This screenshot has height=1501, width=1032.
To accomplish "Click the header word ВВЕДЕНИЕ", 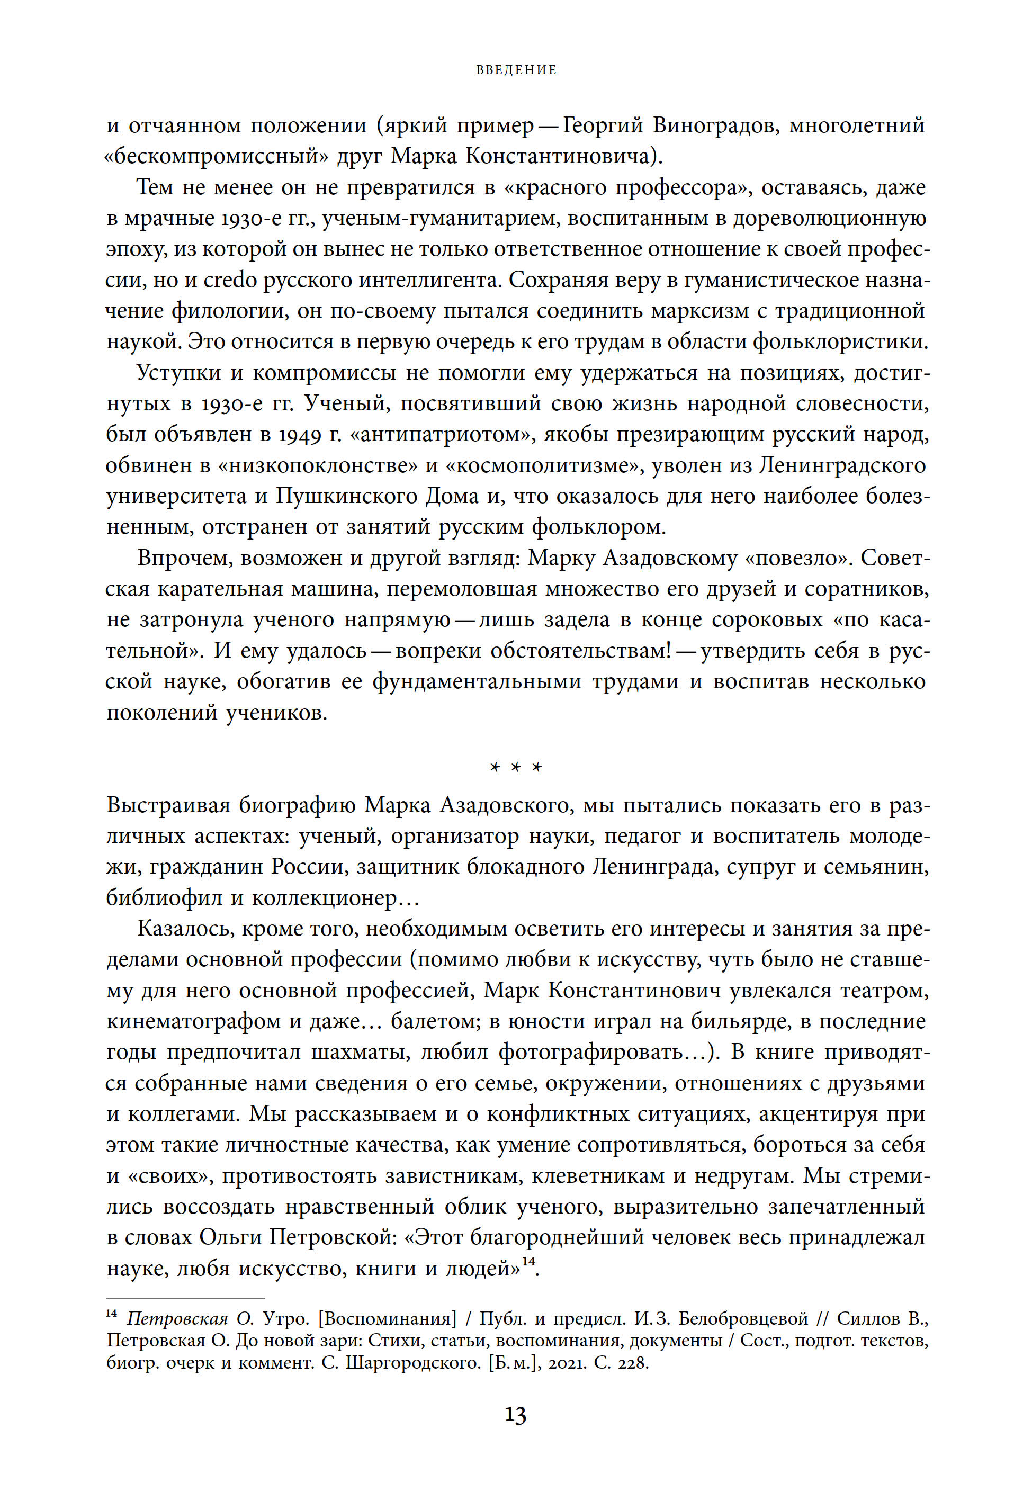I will [516, 70].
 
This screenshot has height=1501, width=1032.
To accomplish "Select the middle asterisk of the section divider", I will [516, 767].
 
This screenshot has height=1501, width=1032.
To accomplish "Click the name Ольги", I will [230, 1237].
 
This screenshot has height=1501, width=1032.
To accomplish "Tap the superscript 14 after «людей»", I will [528, 1261].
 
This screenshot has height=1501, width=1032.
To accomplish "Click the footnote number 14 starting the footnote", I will [111, 1314].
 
